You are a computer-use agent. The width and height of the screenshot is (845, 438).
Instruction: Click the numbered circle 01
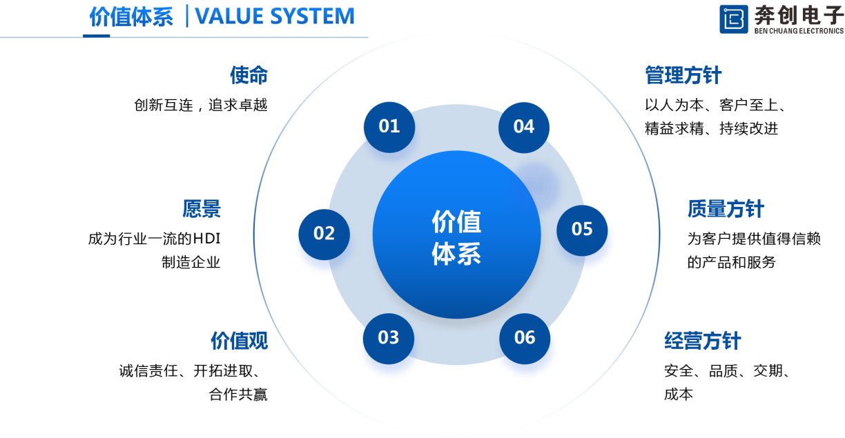tap(389, 126)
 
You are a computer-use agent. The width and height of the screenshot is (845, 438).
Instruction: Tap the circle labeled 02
tap(324, 233)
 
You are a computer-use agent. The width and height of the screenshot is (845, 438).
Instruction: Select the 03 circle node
tap(388, 337)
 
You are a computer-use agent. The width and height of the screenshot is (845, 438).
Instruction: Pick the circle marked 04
tap(524, 127)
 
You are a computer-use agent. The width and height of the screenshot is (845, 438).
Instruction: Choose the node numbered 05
tap(583, 229)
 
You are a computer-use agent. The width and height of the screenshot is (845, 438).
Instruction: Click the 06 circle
tap(525, 337)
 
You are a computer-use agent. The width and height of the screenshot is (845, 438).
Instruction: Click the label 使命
tap(249, 75)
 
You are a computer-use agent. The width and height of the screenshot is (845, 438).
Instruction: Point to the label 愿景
tap(202, 209)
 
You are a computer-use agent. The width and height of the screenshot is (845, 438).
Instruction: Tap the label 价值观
tap(239, 341)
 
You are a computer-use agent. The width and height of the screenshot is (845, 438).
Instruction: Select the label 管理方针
tap(683, 75)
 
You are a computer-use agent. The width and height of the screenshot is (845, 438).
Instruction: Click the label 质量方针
tap(726, 209)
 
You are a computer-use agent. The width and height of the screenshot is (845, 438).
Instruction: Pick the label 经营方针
tap(702, 341)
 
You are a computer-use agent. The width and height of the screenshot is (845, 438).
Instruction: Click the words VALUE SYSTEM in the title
tap(275, 17)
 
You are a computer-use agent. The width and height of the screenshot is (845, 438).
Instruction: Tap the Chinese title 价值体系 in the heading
tap(131, 17)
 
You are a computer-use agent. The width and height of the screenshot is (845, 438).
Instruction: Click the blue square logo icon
tap(733, 19)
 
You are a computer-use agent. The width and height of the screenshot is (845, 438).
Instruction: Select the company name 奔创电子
tap(798, 14)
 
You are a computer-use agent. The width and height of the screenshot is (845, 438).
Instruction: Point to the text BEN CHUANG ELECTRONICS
tap(798, 30)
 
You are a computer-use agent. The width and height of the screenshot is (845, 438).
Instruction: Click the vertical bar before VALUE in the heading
tap(187, 17)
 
